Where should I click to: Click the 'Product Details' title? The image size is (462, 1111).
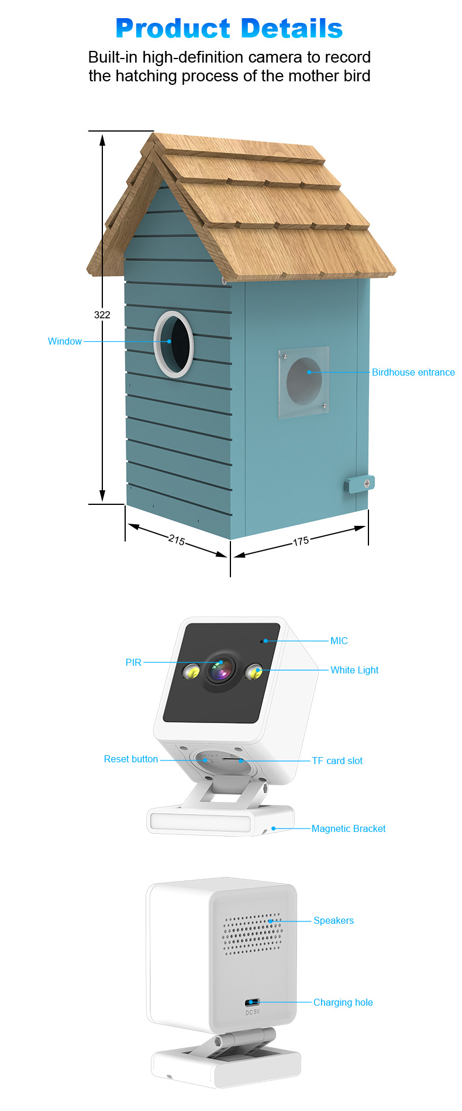(229, 28)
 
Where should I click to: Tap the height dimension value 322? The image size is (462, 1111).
(102, 315)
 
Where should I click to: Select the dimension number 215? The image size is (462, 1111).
(177, 540)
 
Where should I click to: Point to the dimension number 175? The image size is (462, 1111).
(301, 541)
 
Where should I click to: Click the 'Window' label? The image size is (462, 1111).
(65, 341)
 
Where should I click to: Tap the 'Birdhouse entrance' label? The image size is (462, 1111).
(413, 372)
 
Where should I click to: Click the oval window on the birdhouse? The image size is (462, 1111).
(174, 344)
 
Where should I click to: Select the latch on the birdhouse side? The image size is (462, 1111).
(360, 484)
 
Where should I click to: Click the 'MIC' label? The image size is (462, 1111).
(339, 641)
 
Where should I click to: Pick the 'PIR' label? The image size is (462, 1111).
(133, 662)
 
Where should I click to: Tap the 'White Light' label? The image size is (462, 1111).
(354, 670)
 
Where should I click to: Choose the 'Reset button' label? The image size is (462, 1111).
(131, 759)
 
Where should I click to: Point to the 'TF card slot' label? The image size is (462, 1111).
(337, 761)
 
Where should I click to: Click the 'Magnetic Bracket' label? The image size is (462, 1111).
(349, 828)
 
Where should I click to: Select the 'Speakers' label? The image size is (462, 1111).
(333, 920)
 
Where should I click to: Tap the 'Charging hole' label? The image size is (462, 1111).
(343, 1002)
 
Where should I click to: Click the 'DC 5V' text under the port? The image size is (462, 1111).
(252, 1012)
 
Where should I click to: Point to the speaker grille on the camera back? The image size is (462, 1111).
(253, 934)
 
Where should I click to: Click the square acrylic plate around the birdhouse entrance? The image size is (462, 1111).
(304, 383)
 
